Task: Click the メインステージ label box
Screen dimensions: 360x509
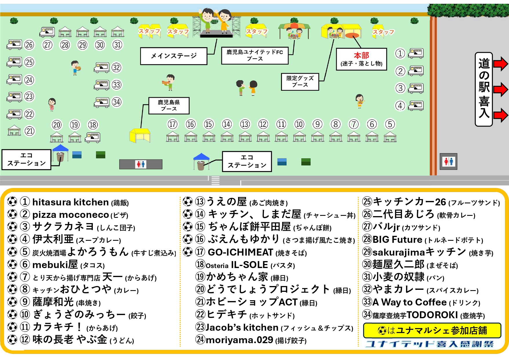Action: (x=173, y=56)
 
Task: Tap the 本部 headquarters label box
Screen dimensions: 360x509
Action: (x=361, y=59)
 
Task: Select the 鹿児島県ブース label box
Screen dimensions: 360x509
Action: (x=169, y=106)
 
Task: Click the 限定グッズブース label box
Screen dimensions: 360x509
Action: (x=300, y=82)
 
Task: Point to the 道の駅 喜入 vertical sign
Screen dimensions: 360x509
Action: (x=484, y=89)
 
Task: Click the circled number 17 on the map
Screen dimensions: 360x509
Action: (x=173, y=124)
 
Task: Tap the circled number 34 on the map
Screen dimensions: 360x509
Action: (x=117, y=102)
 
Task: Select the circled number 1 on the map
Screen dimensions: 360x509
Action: (x=400, y=53)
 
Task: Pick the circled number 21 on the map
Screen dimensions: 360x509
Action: (x=30, y=131)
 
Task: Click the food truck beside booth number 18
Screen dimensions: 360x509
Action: (x=93, y=137)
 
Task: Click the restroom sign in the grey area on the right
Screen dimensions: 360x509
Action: (x=448, y=161)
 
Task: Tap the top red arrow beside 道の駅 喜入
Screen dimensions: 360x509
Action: (x=500, y=64)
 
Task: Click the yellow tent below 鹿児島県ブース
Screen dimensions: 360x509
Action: (x=140, y=135)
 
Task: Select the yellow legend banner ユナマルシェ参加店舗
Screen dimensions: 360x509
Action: (x=432, y=330)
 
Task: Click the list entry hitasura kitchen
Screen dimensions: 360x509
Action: (x=70, y=202)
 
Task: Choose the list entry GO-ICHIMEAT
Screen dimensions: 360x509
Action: (x=240, y=252)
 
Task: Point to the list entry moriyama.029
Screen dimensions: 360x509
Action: (x=239, y=340)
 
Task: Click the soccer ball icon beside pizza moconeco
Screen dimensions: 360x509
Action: (x=12, y=214)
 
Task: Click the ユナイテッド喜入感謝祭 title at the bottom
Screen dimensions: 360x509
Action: (x=430, y=344)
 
